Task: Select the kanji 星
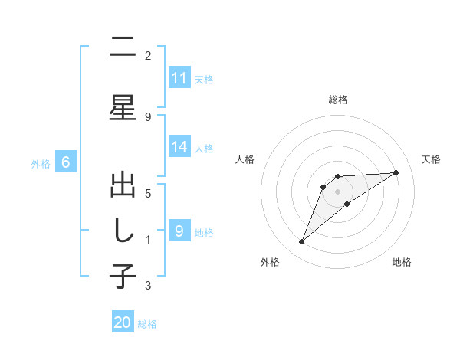click(123, 106)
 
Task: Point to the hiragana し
click(123, 231)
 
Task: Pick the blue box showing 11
click(179, 78)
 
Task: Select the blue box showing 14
click(179, 147)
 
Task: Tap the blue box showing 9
click(179, 231)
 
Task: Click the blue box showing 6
click(66, 162)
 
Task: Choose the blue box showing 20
click(123, 322)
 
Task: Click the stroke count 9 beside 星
click(148, 116)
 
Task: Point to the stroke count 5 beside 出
click(148, 193)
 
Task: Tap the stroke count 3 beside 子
click(148, 286)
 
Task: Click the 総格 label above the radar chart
click(338, 100)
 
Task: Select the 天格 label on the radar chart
click(431, 159)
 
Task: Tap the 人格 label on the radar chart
click(245, 159)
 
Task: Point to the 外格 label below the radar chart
click(270, 263)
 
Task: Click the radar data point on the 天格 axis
click(396, 172)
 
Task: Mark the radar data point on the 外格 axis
click(301, 242)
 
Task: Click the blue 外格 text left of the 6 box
click(41, 163)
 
